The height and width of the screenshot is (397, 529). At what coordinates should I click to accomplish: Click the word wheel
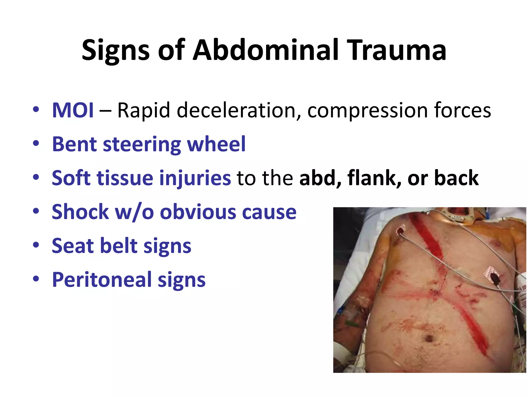coord(216,144)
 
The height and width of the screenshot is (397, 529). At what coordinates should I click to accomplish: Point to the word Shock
coord(80,212)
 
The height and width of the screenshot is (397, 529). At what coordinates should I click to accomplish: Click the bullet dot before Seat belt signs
coord(36,245)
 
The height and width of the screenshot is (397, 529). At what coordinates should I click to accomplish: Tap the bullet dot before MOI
coord(36,109)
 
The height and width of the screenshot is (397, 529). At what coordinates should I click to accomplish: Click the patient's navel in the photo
coord(429,338)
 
